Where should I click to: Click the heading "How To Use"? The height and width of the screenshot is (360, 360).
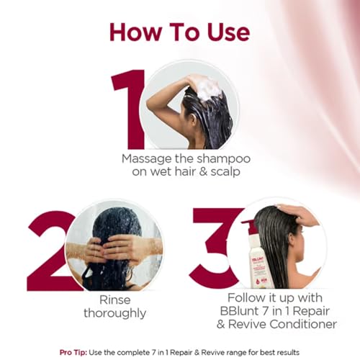tap(179, 32)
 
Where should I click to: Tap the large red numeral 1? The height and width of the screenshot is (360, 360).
tap(129, 108)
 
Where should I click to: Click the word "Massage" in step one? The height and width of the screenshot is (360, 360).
tap(148, 158)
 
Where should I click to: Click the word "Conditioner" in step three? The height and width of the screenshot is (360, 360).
tap(296, 324)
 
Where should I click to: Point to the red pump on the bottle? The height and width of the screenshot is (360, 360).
tap(249, 228)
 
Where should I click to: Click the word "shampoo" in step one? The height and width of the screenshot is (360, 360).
tap(208, 158)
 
